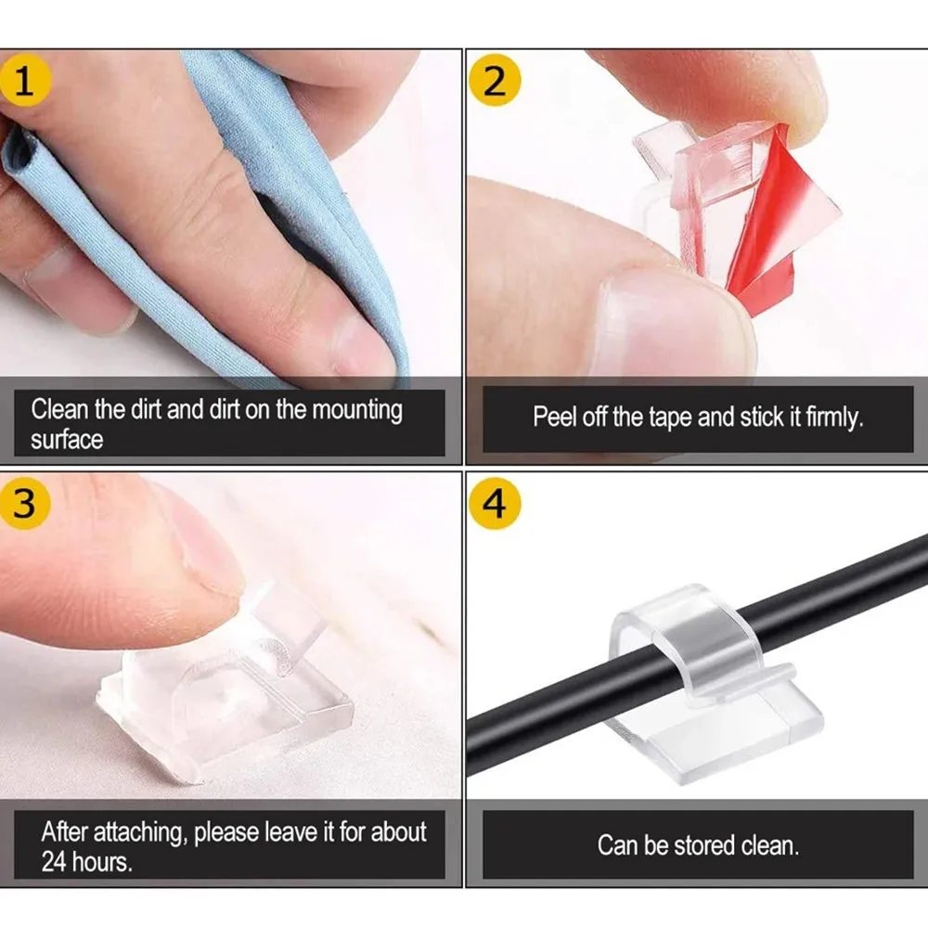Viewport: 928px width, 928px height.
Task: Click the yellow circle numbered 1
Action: coord(24,81)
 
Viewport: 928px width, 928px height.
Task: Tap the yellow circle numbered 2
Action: coord(496,81)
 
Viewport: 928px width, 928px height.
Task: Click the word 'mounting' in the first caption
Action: coord(356,409)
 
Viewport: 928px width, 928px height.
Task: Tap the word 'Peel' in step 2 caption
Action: coord(555,417)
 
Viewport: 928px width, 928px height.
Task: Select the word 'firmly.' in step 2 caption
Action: coord(834,417)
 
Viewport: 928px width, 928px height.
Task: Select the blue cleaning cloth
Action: coord(306,186)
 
